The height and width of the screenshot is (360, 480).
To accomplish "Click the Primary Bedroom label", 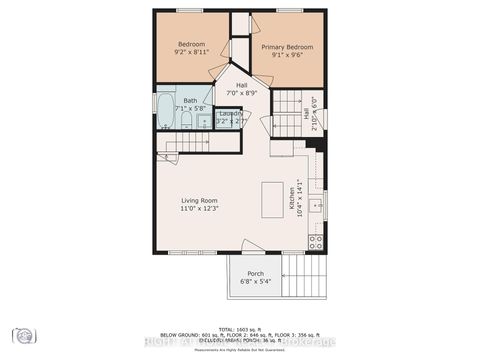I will [287, 47].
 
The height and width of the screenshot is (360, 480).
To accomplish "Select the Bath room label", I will [189, 100].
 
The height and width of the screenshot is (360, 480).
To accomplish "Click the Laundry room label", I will [230, 114].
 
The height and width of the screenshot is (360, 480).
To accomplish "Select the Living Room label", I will [199, 200].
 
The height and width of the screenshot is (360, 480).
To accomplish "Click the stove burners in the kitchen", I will [316, 241].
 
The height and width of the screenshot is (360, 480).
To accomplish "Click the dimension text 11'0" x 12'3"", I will [199, 209].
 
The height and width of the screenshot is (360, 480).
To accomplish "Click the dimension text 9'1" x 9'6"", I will [287, 56].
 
